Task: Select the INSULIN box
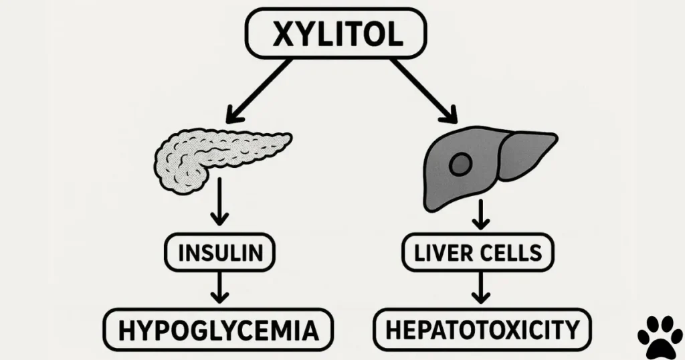click(x=220, y=254)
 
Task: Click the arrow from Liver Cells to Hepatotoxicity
click(x=479, y=289)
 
